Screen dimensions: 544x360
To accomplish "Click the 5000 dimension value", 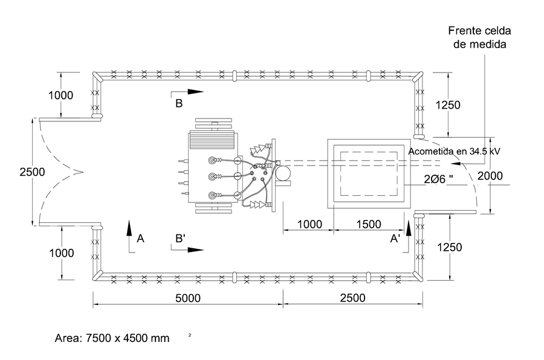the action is (188, 298).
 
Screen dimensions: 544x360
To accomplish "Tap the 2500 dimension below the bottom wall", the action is (352, 298).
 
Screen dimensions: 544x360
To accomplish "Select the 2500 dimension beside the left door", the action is (32, 172).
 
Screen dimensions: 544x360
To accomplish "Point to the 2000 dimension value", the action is (490, 176).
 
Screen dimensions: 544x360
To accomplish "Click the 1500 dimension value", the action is (369, 224).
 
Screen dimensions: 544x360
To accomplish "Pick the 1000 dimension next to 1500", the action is (310, 224).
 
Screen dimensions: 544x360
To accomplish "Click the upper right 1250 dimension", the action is (448, 104).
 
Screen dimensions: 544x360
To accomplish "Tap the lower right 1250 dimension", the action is (449, 247).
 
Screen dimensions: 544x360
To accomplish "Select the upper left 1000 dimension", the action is (60, 95).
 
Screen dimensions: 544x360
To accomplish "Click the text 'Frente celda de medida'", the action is (479, 37).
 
